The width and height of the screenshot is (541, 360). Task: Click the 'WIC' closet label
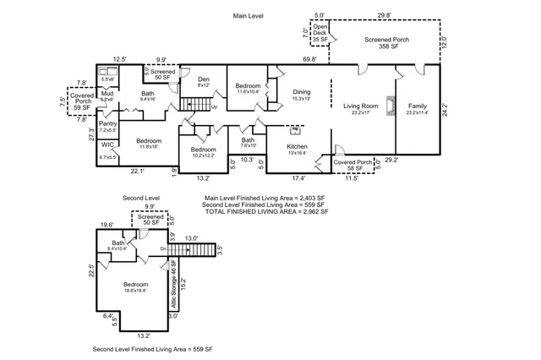[107, 145]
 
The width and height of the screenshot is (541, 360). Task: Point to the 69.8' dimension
[309, 59]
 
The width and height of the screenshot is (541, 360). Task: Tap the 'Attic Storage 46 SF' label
[174, 275]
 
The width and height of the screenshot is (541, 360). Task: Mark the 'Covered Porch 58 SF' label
[352, 162]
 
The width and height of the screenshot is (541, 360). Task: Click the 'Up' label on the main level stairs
[213, 107]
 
